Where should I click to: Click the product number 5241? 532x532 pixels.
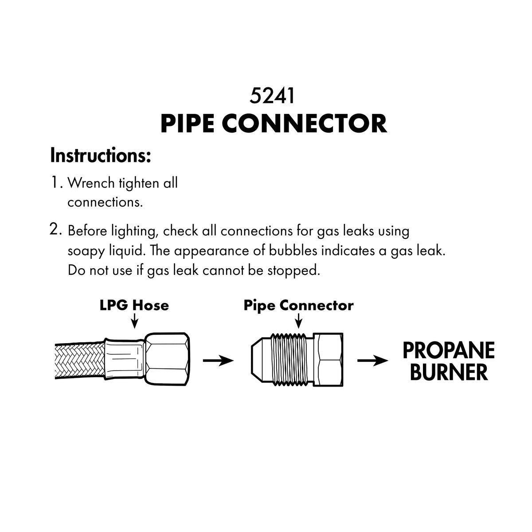272,96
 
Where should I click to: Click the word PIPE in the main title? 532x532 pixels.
188,124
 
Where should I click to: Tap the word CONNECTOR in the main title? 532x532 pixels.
304,124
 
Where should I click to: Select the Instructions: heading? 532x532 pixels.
101,156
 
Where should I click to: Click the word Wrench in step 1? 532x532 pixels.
91,183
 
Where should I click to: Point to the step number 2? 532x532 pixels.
55,229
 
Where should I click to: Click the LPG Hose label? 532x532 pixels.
134,305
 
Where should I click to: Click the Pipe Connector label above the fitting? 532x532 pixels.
298,305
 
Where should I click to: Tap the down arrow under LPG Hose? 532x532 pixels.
134,321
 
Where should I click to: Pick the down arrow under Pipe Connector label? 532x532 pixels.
298,321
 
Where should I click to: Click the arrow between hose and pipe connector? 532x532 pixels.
219,360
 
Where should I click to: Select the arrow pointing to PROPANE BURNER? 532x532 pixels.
373,360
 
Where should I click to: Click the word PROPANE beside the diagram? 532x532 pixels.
449,350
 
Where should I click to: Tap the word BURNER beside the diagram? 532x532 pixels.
449,372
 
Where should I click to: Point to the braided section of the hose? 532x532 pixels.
80,361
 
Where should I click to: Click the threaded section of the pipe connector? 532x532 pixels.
292,359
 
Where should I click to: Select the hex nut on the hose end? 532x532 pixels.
167,359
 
